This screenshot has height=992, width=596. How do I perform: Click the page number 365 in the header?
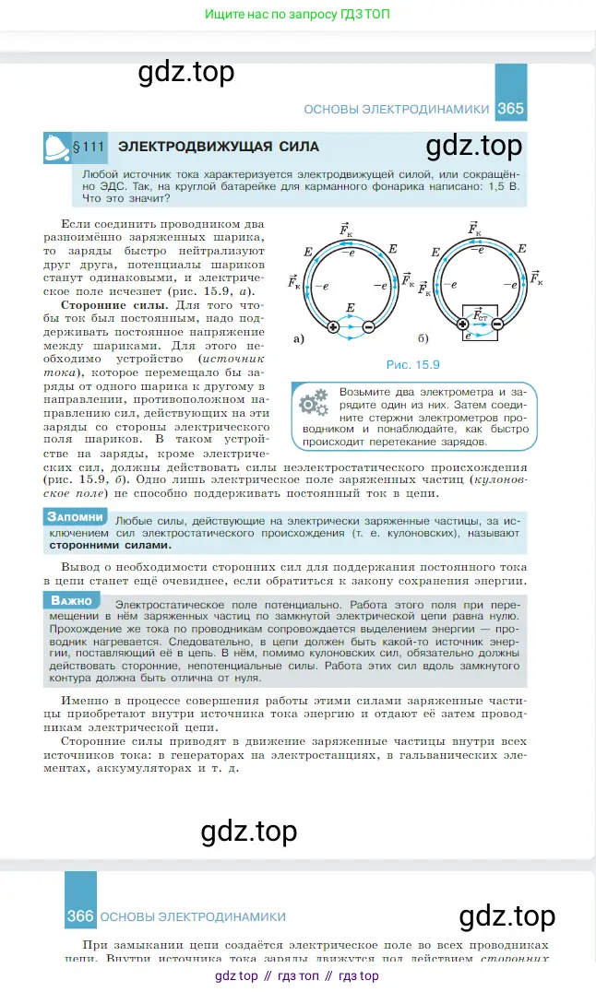point(510,109)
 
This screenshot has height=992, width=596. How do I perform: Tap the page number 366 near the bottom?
point(80,916)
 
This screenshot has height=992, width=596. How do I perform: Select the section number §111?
point(91,147)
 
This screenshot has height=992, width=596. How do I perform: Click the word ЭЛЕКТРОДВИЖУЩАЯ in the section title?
point(197,147)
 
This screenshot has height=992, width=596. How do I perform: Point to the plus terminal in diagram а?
point(333,325)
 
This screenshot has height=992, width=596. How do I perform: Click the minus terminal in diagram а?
point(368,325)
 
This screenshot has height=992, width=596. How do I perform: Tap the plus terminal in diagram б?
point(463,324)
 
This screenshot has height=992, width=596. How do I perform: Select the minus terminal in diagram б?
point(497,324)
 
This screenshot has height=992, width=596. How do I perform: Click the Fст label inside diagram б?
point(481,316)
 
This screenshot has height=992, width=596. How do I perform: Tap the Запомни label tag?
point(76,517)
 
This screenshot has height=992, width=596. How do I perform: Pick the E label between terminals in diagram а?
point(350,307)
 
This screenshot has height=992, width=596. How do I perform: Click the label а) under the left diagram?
point(298,339)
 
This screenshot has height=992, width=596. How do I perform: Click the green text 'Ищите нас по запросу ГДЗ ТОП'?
point(297,16)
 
